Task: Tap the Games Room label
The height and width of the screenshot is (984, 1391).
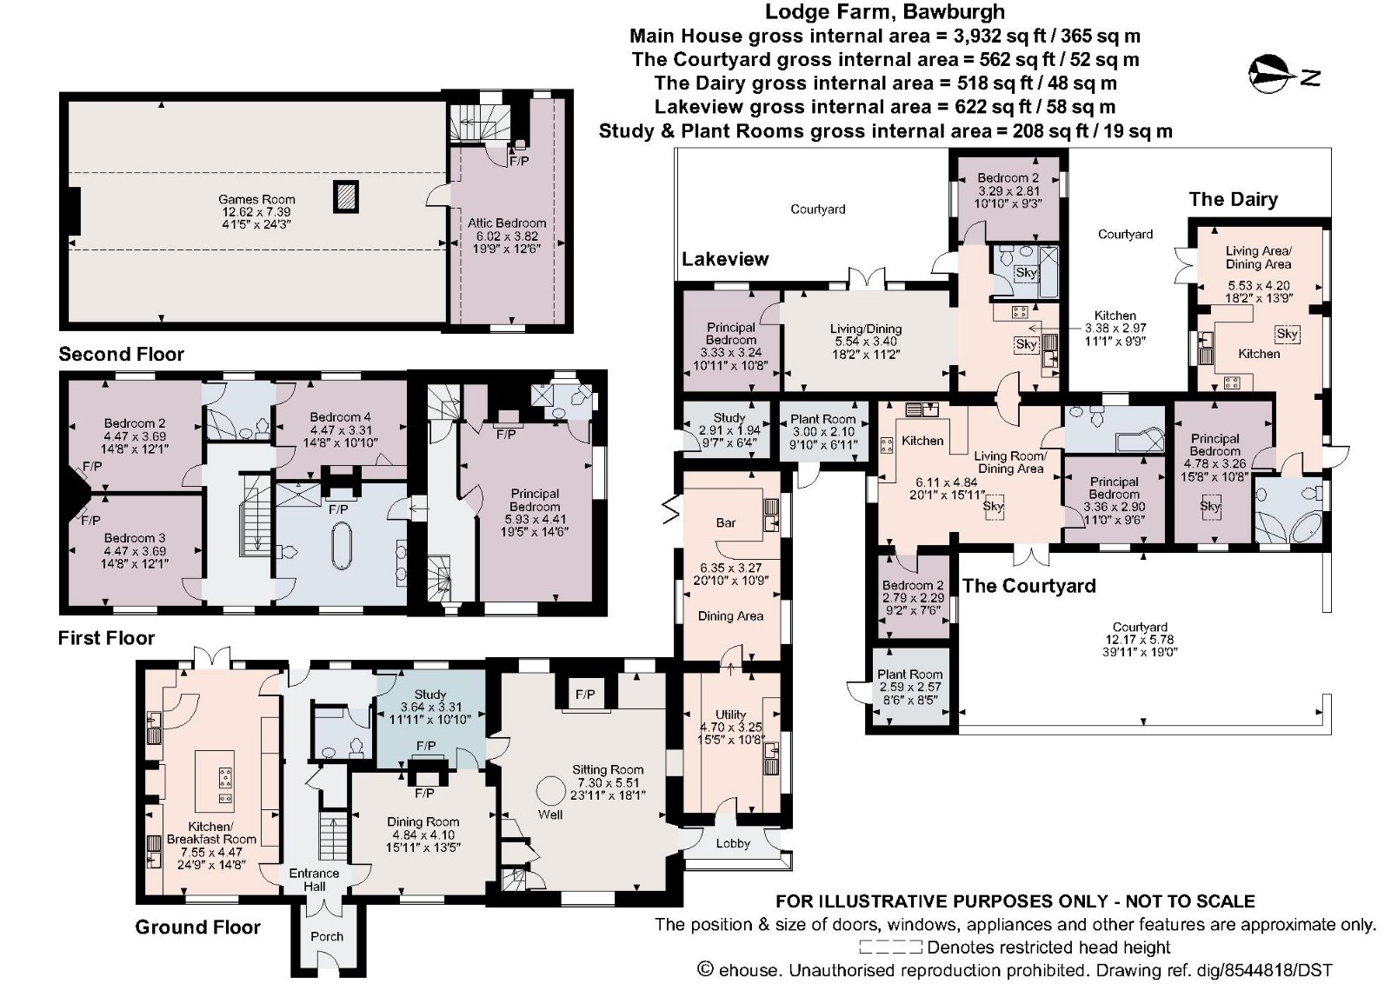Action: coord(256,199)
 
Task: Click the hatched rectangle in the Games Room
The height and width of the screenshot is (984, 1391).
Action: coord(345,196)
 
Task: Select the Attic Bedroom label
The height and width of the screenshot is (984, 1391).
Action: coord(507,223)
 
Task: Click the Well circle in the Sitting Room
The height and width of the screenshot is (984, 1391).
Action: coord(549,791)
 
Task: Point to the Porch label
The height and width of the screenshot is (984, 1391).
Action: coord(327,936)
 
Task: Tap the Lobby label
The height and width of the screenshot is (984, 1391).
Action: coord(733,843)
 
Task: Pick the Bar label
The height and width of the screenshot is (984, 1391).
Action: coord(726,522)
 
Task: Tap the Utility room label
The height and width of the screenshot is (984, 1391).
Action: coord(731,715)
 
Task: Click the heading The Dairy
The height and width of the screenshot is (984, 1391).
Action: coord(1233,199)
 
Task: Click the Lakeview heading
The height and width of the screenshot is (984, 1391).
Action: coord(725,259)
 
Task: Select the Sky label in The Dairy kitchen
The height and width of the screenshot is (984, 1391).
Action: coord(1287,334)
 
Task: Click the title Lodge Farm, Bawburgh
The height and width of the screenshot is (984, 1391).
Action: coord(884,12)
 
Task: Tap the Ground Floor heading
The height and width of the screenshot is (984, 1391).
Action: coord(197,927)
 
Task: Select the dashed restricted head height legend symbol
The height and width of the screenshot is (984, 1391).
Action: coord(890,947)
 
